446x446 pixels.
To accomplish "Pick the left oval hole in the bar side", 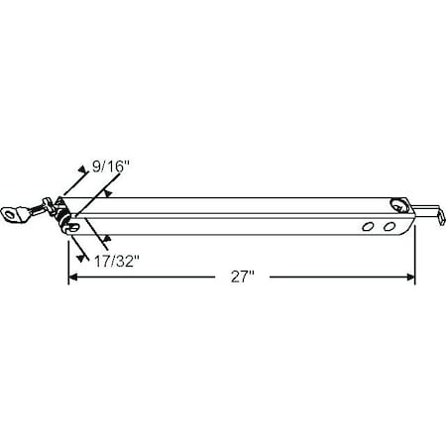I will click(x=369, y=228).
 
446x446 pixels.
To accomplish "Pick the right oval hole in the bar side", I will click(x=388, y=228).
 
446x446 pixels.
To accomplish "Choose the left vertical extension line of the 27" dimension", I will click(x=67, y=258).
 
